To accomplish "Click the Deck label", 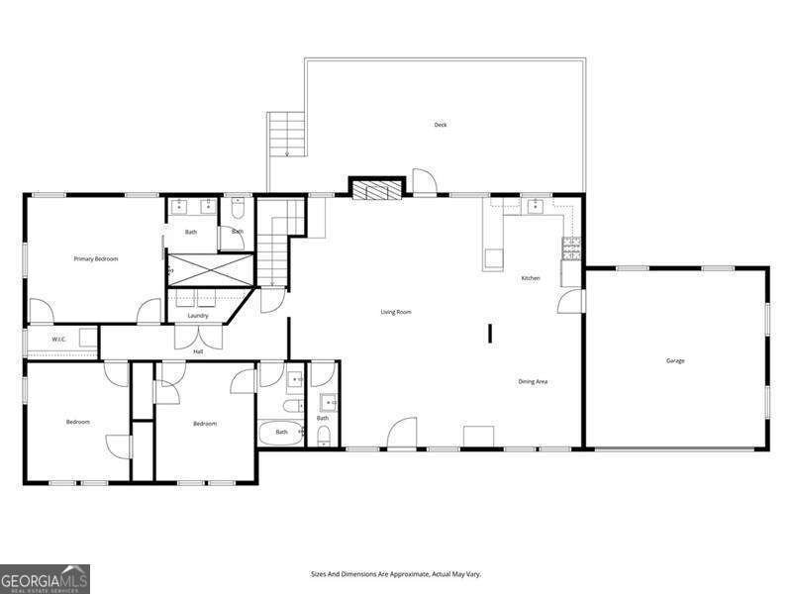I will [441, 125].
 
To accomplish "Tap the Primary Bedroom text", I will [96, 259].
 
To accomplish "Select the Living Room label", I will [396, 312].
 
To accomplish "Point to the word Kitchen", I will [531, 278].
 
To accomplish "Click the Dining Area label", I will [533, 381].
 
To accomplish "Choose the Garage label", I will [675, 360].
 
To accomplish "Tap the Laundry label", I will [198, 316].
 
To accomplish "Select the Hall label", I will [198, 351].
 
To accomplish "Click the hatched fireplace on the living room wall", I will [377, 188].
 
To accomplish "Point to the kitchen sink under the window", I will [535, 205].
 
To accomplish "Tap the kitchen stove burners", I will [571, 248].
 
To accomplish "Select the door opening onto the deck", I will [424, 182].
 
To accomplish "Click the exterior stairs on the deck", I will [286, 134].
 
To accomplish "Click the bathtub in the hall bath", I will [281, 433].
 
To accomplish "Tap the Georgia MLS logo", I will [45, 578].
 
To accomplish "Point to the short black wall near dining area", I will [489, 333].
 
